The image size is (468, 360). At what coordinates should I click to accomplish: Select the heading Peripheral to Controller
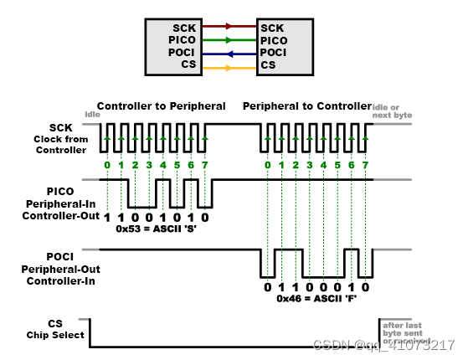[307, 106]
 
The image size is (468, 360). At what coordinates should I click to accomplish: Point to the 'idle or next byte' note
[393, 110]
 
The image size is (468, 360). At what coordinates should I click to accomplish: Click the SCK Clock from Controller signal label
[59, 138]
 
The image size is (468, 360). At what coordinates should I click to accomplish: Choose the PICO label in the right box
[276, 39]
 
